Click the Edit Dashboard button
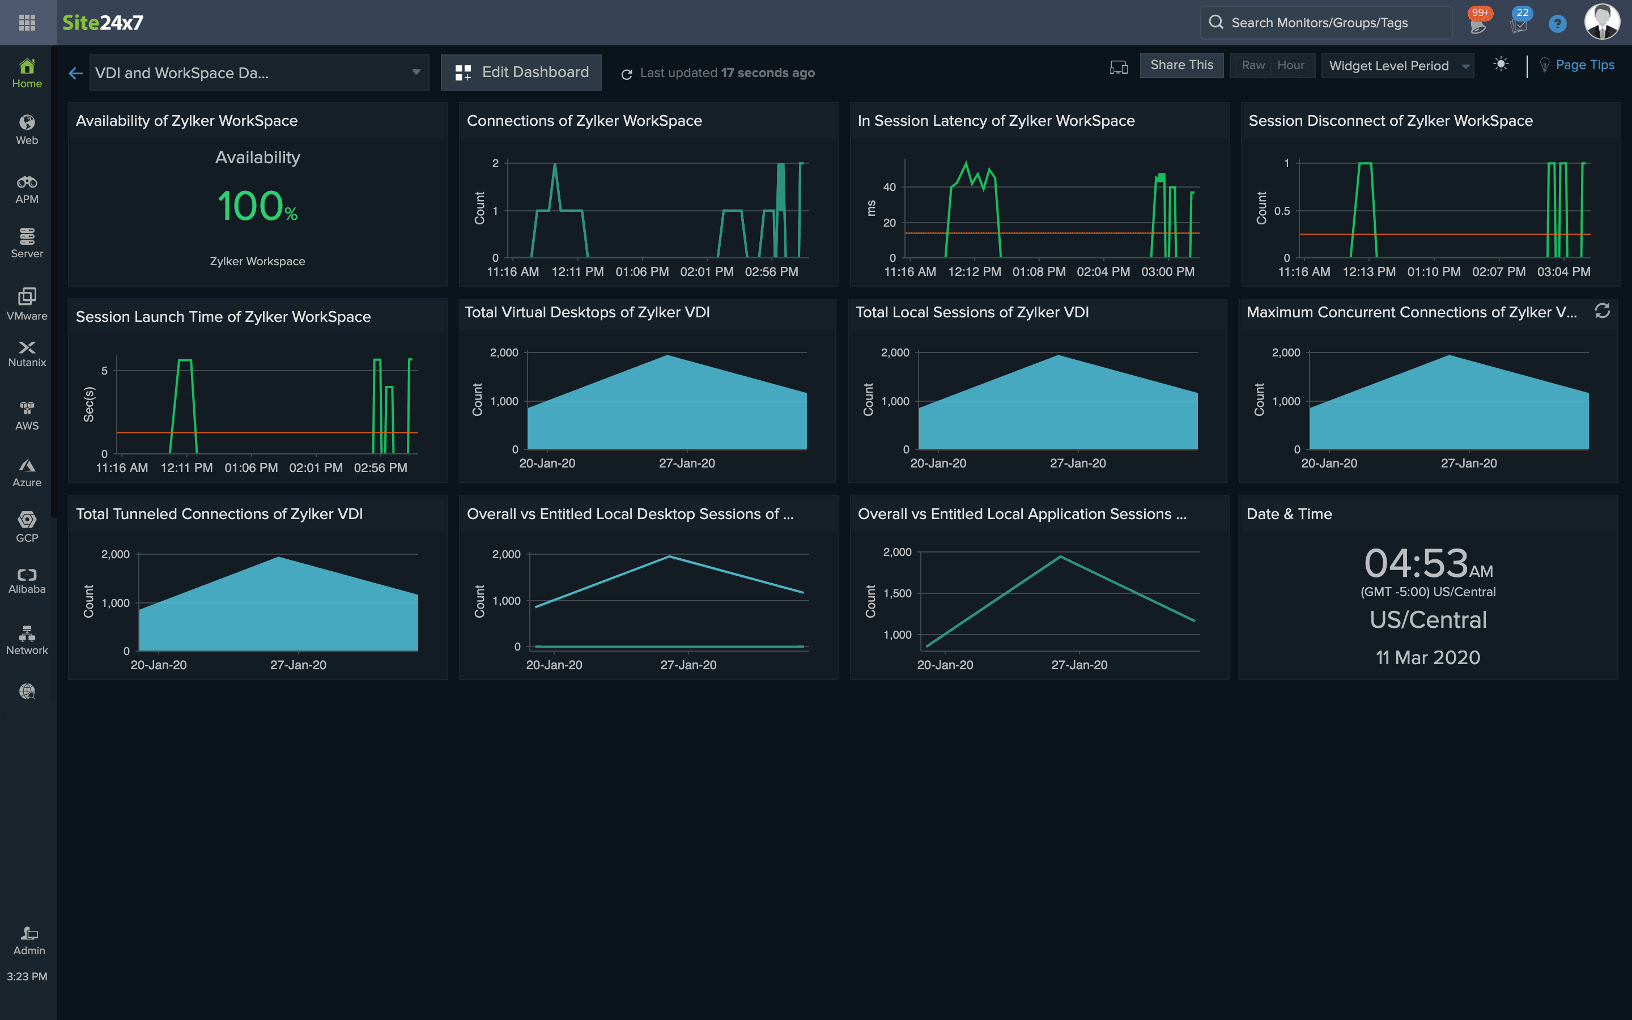[521, 72]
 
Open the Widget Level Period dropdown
[1397, 65]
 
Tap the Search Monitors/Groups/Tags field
[1326, 23]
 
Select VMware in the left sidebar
[27, 303]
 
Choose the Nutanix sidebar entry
[27, 354]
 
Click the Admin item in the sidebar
[29, 941]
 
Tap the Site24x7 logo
[103, 23]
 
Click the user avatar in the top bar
[1601, 22]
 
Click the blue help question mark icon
[1557, 24]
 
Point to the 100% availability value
[257, 206]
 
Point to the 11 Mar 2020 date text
[1427, 658]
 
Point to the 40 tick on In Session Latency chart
[890, 187]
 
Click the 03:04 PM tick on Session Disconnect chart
[1563, 271]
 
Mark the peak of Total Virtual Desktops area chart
[667, 355]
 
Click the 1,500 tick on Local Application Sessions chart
[897, 594]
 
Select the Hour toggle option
[1291, 65]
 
